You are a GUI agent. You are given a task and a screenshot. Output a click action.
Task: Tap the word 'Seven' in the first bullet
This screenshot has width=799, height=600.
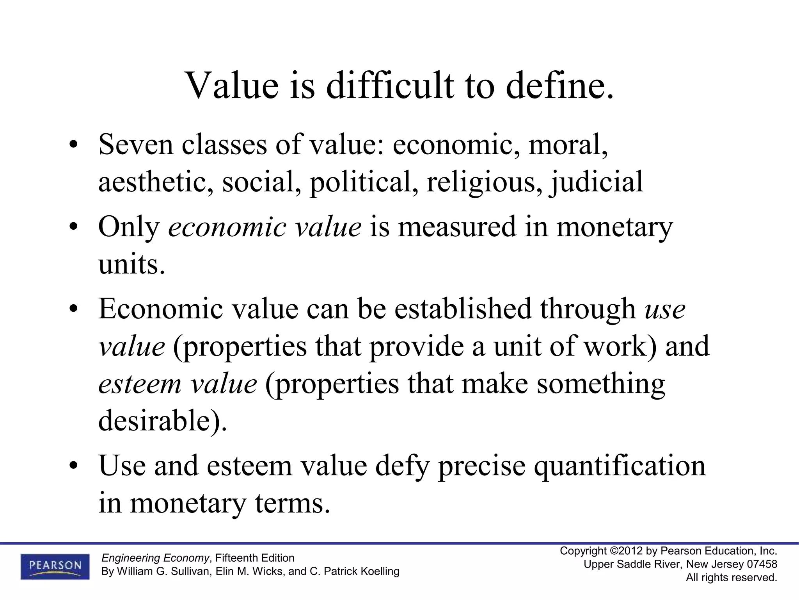[136, 145]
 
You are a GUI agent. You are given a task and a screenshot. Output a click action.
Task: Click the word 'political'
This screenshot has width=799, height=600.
[361, 182]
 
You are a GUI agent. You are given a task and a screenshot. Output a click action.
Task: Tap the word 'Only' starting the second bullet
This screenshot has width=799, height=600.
[129, 227]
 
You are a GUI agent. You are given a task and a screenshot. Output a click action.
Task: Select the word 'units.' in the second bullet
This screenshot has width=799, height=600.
[132, 265]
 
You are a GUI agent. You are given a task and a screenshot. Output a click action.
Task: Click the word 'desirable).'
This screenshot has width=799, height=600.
[162, 421]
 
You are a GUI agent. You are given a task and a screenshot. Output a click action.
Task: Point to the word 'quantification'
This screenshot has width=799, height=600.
[620, 466]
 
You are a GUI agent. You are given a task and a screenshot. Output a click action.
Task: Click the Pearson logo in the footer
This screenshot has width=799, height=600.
[55, 566]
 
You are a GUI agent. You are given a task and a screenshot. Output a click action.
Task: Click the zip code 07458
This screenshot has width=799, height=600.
[762, 564]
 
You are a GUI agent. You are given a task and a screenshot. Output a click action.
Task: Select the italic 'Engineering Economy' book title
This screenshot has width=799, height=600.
[155, 558]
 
